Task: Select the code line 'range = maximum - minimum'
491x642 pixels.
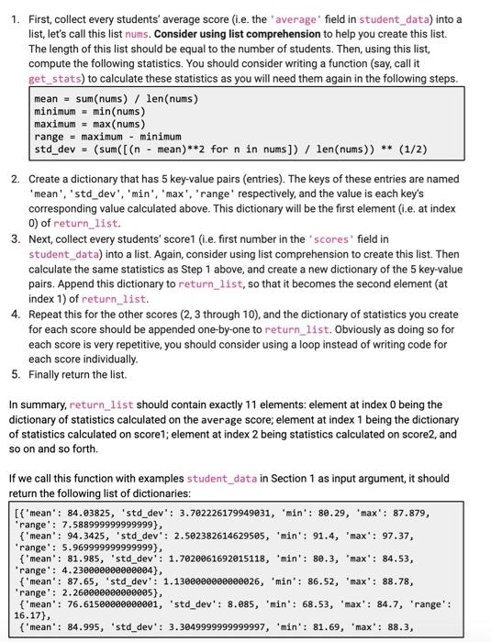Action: coord(108,136)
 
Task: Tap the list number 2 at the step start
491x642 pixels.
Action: coord(16,180)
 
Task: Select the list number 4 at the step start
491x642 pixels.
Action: coord(16,314)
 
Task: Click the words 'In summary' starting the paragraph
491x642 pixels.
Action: coord(39,404)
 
